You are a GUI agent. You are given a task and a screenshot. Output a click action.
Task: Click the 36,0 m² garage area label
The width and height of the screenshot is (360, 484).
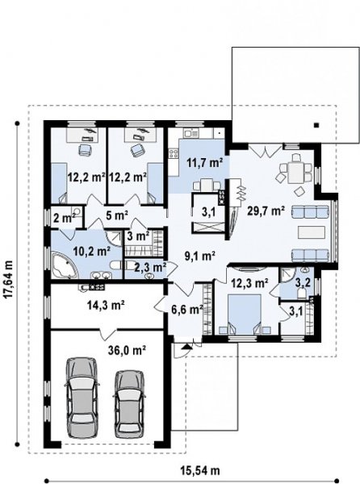[x=127, y=350]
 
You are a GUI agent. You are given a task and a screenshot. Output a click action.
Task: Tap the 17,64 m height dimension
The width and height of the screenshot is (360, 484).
[x=9, y=280]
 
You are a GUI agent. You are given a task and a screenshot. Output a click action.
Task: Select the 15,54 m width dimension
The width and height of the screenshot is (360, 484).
[x=199, y=470]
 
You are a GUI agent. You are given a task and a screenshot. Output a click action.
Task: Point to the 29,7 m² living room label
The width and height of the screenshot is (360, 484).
[x=266, y=211]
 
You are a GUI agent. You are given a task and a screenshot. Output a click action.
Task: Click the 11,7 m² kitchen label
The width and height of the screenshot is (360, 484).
[x=205, y=162]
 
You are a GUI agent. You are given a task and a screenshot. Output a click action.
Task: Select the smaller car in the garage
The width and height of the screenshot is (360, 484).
[x=129, y=403]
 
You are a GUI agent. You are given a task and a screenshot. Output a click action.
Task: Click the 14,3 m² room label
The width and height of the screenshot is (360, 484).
[x=106, y=305]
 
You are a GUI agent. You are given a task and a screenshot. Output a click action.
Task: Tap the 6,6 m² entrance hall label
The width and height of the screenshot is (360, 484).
[x=187, y=309]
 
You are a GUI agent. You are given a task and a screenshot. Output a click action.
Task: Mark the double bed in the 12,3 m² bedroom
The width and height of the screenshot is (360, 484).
[x=245, y=314]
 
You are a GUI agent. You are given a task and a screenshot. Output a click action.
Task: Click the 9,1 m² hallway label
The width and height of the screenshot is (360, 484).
[x=199, y=256]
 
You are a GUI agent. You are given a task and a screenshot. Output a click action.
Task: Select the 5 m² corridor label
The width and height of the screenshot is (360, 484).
[x=117, y=215]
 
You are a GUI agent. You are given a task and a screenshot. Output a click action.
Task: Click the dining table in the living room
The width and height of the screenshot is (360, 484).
[x=295, y=173]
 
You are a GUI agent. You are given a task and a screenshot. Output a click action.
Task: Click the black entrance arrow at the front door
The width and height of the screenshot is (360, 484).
[x=186, y=346]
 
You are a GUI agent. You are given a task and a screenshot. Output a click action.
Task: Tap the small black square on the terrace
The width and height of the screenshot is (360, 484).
[x=316, y=125]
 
